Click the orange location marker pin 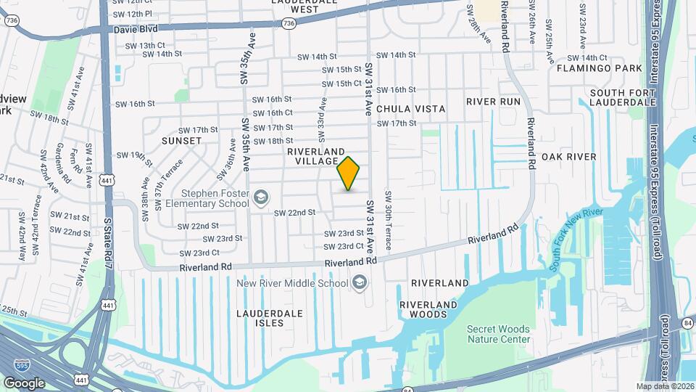pyautogui.click(x=349, y=173)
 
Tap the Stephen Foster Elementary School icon pyautogui.click(x=260, y=197)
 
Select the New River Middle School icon pyautogui.click(x=359, y=282)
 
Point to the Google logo pyautogui.click(x=24, y=383)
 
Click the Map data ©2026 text pyautogui.click(x=664, y=386)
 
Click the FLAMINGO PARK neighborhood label pyautogui.click(x=600, y=68)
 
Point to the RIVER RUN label pyautogui.click(x=494, y=102)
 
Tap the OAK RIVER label pyautogui.click(x=568, y=157)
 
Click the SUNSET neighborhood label pyautogui.click(x=181, y=140)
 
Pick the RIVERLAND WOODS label pyautogui.click(x=428, y=309)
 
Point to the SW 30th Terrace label pyautogui.click(x=388, y=221)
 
